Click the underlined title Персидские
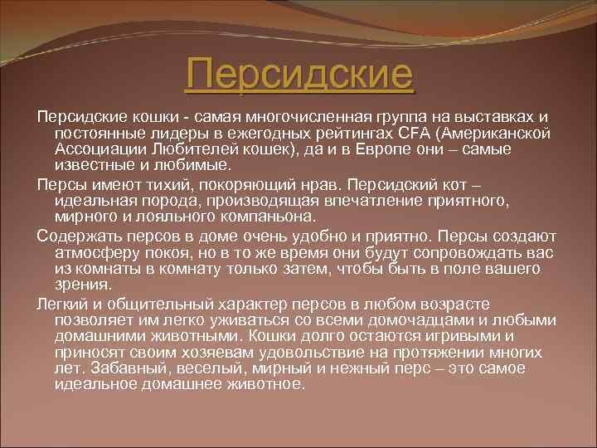tap(298, 74)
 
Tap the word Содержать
tap(78, 235)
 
